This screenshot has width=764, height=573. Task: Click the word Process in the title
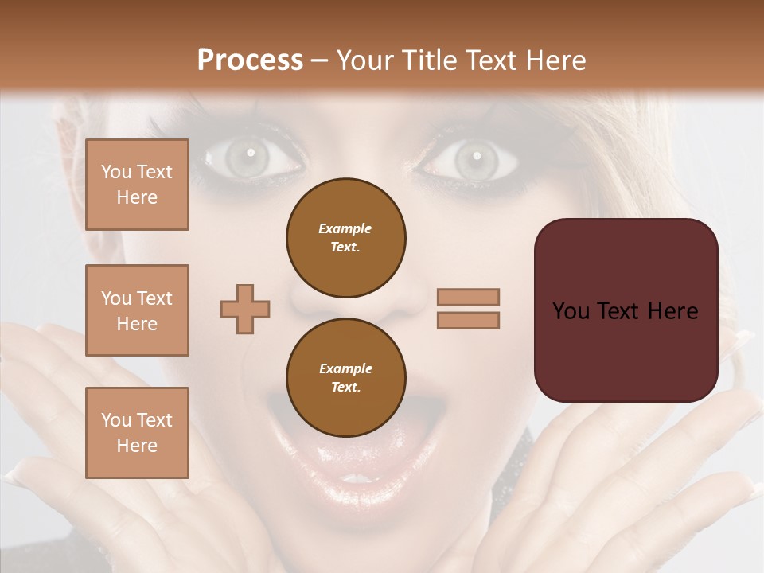(250, 60)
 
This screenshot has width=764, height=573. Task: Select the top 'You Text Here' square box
(137, 185)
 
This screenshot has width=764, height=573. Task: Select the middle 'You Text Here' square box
(137, 310)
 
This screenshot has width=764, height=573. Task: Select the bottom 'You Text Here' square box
(137, 432)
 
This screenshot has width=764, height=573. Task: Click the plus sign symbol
(245, 309)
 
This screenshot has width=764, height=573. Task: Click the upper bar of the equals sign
(468, 297)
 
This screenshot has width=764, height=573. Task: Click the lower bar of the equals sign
(468, 320)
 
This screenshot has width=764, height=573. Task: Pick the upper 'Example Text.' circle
(345, 238)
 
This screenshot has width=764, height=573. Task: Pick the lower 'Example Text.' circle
(345, 378)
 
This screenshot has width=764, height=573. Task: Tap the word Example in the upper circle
(345, 229)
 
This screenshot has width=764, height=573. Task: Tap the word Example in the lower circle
(345, 369)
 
